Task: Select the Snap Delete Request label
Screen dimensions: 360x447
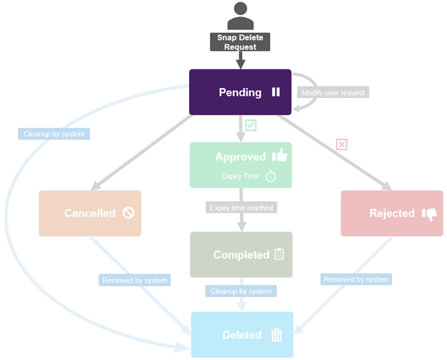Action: coord(240,42)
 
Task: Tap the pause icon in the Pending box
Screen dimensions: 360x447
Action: coord(276,92)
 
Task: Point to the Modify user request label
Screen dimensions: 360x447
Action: coord(334,93)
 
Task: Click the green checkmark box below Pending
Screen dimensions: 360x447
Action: coord(251,125)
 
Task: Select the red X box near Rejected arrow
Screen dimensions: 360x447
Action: coord(342,145)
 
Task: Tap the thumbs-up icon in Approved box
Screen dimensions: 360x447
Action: coord(279,156)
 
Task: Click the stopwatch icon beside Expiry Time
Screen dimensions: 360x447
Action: coord(270,175)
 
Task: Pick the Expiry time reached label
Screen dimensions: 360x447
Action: coord(241,208)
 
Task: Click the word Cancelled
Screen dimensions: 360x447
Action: coord(90,213)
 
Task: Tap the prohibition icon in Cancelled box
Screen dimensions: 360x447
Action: coord(128,213)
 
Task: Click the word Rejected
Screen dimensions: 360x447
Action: coord(392,213)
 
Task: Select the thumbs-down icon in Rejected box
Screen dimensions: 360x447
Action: coord(429,213)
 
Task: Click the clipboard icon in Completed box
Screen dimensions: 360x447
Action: coord(279,254)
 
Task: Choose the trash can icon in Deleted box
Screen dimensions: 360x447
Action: coord(277,334)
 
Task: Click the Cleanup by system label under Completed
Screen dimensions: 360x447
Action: coord(241,291)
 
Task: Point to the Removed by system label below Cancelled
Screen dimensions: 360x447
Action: coord(135,281)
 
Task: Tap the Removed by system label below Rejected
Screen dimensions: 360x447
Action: coord(356,279)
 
